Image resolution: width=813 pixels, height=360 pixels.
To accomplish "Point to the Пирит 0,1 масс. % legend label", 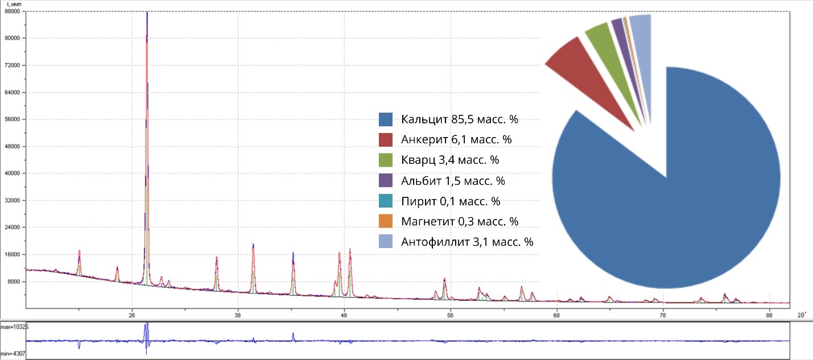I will point(450,201).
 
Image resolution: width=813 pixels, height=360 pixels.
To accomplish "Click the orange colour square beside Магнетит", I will point(386,222).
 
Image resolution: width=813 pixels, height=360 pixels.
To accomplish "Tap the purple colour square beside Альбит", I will point(386,181).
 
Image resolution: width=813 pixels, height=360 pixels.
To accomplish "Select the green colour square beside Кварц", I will point(386,160).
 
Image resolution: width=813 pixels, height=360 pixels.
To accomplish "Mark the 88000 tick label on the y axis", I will point(13,11).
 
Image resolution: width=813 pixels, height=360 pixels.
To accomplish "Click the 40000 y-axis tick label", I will point(13,173).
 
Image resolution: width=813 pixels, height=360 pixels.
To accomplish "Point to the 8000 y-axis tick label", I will point(14,282).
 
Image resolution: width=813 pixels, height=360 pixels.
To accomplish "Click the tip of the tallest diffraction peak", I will point(147,13).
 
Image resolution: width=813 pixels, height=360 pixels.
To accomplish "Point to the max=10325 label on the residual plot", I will point(14,327).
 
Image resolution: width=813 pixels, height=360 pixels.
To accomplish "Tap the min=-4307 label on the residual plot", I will point(14,354).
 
